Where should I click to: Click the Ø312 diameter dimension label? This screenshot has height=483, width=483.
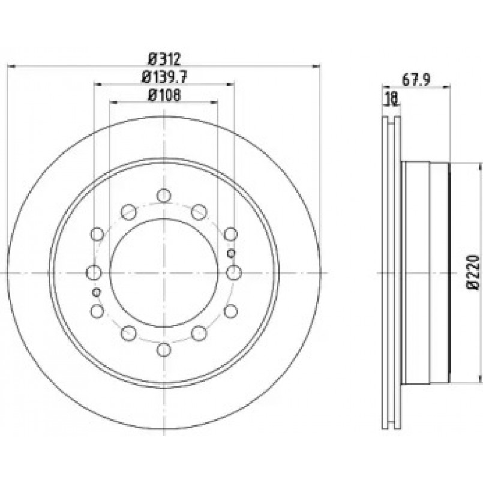(x=164, y=59)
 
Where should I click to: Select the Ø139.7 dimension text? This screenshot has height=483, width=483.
(x=164, y=77)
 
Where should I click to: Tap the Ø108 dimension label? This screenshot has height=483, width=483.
(x=164, y=95)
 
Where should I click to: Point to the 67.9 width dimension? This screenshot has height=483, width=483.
(x=416, y=80)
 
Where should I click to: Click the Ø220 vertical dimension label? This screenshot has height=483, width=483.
(x=473, y=272)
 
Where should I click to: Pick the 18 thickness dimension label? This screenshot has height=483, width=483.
(x=392, y=99)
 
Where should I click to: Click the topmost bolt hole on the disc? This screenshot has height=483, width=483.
(x=164, y=195)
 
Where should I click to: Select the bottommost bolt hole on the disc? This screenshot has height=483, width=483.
(x=164, y=350)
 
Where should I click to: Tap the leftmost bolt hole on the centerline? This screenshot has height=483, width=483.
(x=94, y=272)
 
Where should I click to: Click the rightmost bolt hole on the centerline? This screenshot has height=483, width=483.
(x=234, y=272)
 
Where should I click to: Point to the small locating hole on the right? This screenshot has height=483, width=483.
(x=231, y=253)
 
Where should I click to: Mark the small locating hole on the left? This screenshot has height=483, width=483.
(x=97, y=292)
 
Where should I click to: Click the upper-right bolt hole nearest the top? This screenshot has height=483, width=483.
(x=199, y=212)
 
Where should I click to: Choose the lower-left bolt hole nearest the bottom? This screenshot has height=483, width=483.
(x=129, y=333)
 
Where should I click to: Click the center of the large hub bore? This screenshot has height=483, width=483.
(x=164, y=272)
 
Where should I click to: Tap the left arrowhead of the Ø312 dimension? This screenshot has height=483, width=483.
(x=11, y=65)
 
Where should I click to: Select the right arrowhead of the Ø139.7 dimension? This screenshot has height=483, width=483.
(x=231, y=83)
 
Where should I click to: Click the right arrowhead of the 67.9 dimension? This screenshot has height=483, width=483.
(x=446, y=87)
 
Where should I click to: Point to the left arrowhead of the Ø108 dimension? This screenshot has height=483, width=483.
(x=113, y=101)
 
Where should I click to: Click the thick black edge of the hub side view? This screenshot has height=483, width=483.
(x=450, y=272)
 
